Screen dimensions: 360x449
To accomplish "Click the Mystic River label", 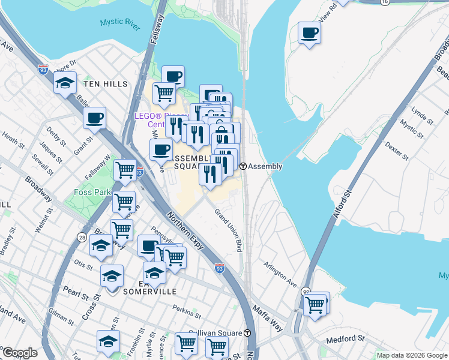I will click(x=120, y=22).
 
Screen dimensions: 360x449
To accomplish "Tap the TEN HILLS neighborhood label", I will click(x=106, y=84).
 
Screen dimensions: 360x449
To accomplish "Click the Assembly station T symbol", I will click(x=243, y=166).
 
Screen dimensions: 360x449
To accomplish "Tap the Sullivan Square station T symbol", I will click(x=247, y=332).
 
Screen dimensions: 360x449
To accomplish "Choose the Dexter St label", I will click(x=397, y=151).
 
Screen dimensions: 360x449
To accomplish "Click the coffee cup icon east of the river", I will click(x=309, y=32).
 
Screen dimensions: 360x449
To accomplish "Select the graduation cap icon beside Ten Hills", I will click(x=65, y=83).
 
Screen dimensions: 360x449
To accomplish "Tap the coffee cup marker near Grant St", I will click(x=94, y=118).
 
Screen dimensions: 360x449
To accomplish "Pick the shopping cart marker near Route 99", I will click(x=316, y=304).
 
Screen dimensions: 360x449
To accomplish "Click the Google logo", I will click(x=19, y=353).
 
